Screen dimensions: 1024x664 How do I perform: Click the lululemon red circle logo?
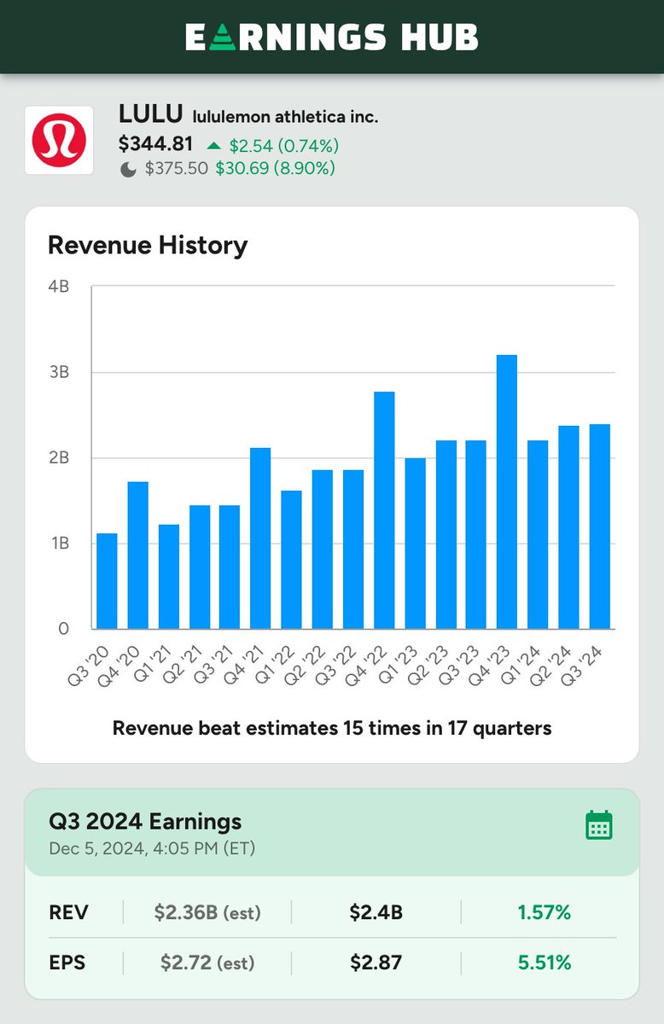click(59, 141)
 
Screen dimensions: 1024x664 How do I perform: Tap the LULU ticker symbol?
click(151, 116)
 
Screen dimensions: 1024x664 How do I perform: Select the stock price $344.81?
click(155, 144)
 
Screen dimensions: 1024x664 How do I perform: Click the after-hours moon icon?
click(128, 169)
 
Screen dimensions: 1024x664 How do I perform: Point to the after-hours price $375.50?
click(177, 169)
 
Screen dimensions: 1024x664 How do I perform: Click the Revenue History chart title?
click(148, 246)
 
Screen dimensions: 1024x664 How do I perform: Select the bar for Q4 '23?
click(507, 492)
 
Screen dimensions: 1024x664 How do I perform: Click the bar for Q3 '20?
click(107, 581)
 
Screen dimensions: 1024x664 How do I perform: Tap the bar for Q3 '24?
click(600, 527)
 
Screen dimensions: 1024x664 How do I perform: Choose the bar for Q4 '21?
click(260, 538)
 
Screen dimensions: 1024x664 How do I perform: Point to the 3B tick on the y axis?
click(58, 372)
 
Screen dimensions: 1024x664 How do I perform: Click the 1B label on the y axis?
click(58, 544)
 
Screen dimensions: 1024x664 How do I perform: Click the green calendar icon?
click(598, 825)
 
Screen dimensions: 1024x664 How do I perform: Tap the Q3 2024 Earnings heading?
click(145, 822)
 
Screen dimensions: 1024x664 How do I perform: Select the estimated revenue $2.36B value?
click(207, 912)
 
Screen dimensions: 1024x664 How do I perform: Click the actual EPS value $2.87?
click(376, 963)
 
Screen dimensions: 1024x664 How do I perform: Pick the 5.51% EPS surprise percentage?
click(544, 963)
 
